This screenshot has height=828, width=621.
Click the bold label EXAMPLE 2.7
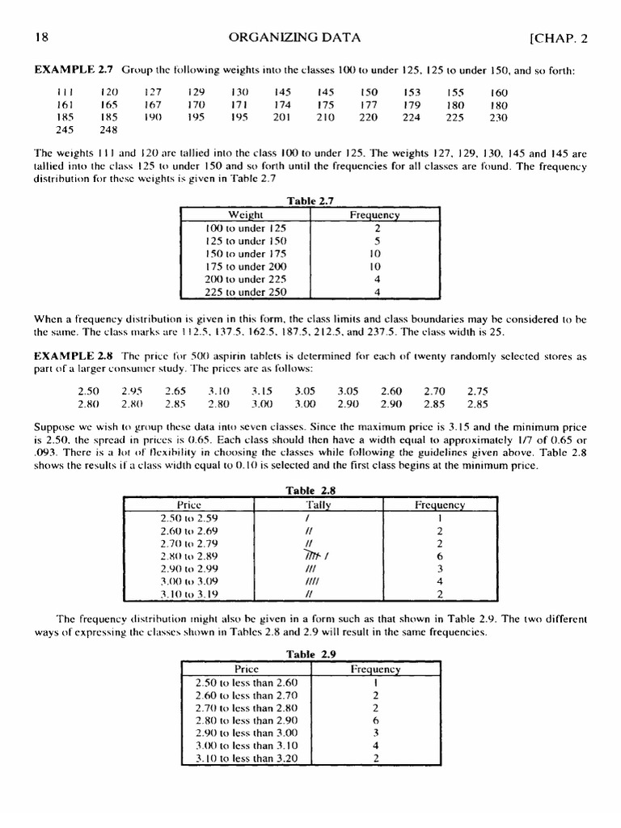[70, 70]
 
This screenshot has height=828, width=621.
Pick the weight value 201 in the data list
[281, 117]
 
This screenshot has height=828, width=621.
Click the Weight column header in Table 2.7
[246, 215]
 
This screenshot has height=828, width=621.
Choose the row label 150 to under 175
[246, 254]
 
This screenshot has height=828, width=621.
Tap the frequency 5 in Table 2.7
[377, 241]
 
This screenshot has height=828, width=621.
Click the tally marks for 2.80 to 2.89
[310, 556]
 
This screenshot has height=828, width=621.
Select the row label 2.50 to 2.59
[185, 517]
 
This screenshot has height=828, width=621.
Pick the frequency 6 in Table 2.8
[439, 556]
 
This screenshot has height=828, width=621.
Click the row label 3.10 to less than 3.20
[246, 758]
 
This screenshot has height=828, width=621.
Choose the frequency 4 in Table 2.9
[376, 746]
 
